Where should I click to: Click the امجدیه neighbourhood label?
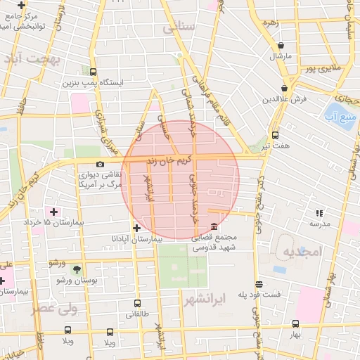(302, 251)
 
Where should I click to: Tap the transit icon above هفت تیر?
(275, 136)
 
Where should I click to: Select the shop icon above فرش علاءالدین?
(283, 89)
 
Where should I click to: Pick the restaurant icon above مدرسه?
(319, 212)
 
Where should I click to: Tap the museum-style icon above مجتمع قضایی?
(214, 226)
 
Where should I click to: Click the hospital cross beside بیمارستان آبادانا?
(136, 228)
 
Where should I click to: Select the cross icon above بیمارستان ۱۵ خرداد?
(53, 211)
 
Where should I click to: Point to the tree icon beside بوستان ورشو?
(77, 269)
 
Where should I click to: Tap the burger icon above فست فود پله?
(259, 284)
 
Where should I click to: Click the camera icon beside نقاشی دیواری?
(100, 164)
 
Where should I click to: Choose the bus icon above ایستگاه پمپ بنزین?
(93, 72)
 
